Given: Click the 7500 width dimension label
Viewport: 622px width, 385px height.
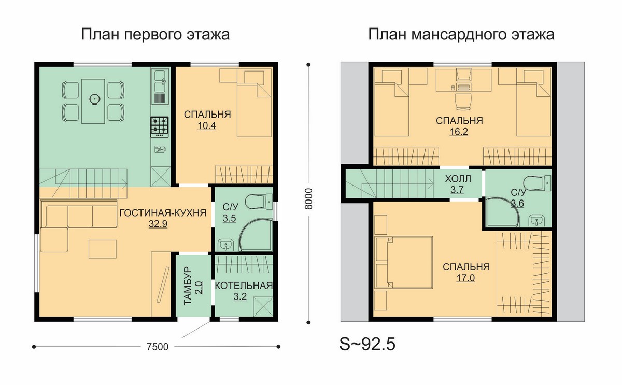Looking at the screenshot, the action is [158, 347].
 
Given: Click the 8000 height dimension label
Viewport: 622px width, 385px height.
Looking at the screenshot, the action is [308, 199].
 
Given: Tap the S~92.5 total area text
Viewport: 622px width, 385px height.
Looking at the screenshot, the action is [367, 344].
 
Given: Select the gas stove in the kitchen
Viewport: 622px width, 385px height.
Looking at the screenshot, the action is [160, 127].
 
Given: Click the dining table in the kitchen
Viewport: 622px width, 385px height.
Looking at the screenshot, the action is [93, 102].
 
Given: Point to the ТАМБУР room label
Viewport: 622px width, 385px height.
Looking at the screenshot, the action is [188, 286].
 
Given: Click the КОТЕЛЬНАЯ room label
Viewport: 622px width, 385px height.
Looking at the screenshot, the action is [244, 286].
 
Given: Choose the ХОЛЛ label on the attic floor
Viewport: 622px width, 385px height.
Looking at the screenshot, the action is [458, 179].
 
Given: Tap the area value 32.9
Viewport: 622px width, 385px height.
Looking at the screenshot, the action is [158, 224].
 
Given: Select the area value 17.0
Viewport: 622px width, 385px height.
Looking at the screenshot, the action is [465, 278].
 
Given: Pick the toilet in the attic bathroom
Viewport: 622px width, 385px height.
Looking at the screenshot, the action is [537, 183].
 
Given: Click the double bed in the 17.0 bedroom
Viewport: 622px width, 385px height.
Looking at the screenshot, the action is [403, 263].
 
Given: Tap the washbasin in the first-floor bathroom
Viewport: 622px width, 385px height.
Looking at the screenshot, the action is [226, 245].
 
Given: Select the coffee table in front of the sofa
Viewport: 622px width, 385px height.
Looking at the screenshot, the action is [103, 249].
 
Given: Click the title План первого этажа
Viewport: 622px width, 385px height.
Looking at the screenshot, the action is [155, 34].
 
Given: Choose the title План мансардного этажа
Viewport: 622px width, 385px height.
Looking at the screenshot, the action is [461, 34].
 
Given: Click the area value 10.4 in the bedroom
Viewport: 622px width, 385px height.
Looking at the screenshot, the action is [207, 126].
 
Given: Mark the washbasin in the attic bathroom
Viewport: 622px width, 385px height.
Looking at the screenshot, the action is [537, 221].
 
